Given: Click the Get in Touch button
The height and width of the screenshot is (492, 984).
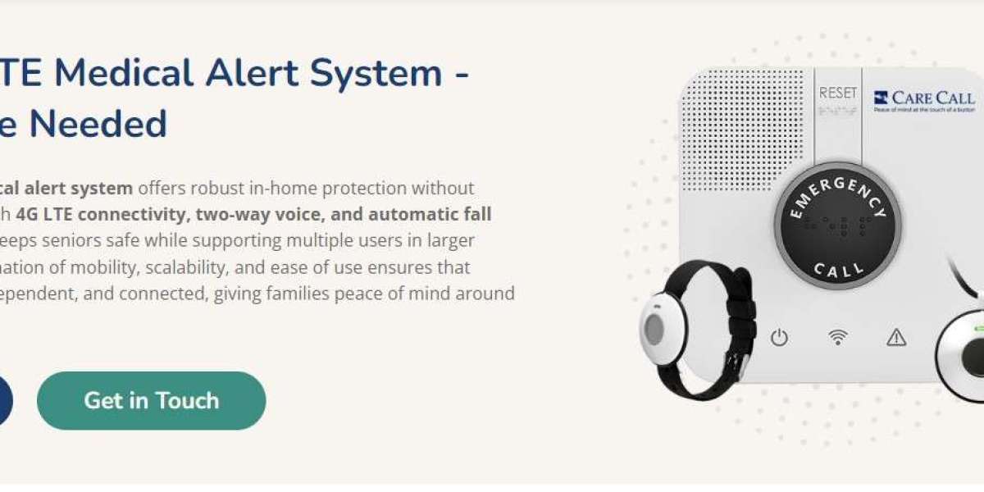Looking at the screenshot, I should pyautogui.click(x=152, y=400).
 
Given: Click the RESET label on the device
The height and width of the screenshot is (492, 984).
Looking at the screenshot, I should pyautogui.click(x=837, y=93).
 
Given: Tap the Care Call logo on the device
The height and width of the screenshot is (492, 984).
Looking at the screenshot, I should pyautogui.click(x=923, y=99).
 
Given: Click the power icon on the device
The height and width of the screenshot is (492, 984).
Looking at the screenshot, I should pyautogui.click(x=779, y=337).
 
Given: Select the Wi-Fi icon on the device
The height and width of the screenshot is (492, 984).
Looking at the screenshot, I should pyautogui.click(x=837, y=337).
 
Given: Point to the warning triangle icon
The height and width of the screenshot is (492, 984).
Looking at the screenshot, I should pyautogui.click(x=896, y=337).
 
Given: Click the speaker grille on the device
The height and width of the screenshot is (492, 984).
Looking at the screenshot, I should pyautogui.click(x=743, y=131).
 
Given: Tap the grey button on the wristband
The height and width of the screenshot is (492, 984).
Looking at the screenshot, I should pyautogui.click(x=654, y=330).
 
